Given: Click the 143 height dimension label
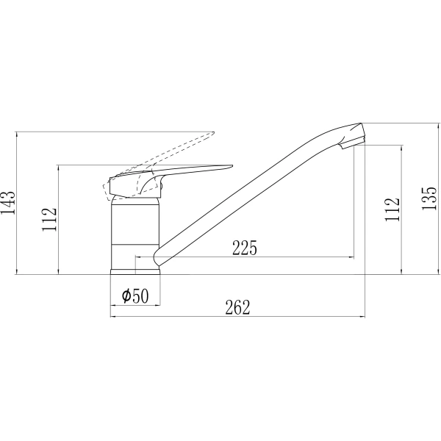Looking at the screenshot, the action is [8, 203].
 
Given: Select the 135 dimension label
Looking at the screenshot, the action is [429, 198].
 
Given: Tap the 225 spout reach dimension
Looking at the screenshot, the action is [245, 248].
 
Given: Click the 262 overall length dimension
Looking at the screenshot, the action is [237, 307].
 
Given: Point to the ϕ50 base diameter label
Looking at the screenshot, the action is [135, 295].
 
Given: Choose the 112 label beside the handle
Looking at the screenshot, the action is [49, 220].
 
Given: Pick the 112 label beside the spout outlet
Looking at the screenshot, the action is [392, 209].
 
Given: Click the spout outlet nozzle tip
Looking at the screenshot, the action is [352, 144].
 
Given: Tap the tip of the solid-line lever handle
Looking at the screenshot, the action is [232, 166].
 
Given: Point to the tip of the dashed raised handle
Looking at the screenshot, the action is [213, 132].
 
